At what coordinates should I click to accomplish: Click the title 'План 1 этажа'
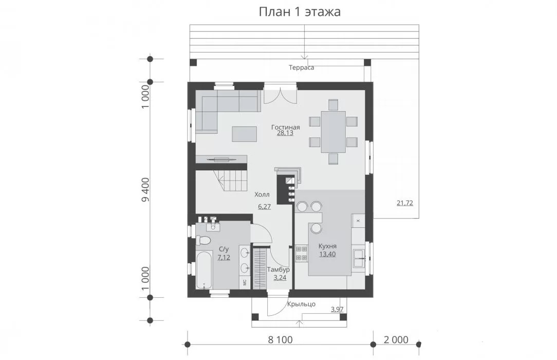click(x=300, y=11)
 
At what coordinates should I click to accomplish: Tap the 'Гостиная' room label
click(x=285, y=127)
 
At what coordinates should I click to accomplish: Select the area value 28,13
click(x=285, y=133)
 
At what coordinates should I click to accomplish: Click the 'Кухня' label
click(x=327, y=246)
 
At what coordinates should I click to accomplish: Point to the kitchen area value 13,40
click(x=327, y=254)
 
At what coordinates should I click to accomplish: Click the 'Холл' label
click(x=262, y=194)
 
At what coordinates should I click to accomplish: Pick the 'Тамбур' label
click(x=278, y=269)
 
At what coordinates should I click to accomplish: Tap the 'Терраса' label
click(x=301, y=67)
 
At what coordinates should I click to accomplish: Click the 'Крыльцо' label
click(x=301, y=304)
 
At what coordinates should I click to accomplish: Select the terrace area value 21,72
click(x=404, y=203)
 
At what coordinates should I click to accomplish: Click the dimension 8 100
click(x=280, y=340)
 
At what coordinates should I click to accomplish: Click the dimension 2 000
click(x=396, y=340)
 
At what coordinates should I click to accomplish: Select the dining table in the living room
click(x=333, y=132)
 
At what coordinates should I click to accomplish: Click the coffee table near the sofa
click(x=245, y=134)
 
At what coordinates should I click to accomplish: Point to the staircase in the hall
click(x=230, y=181)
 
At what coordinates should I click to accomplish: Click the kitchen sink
click(x=358, y=258)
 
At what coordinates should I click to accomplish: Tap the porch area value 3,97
click(x=337, y=310)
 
